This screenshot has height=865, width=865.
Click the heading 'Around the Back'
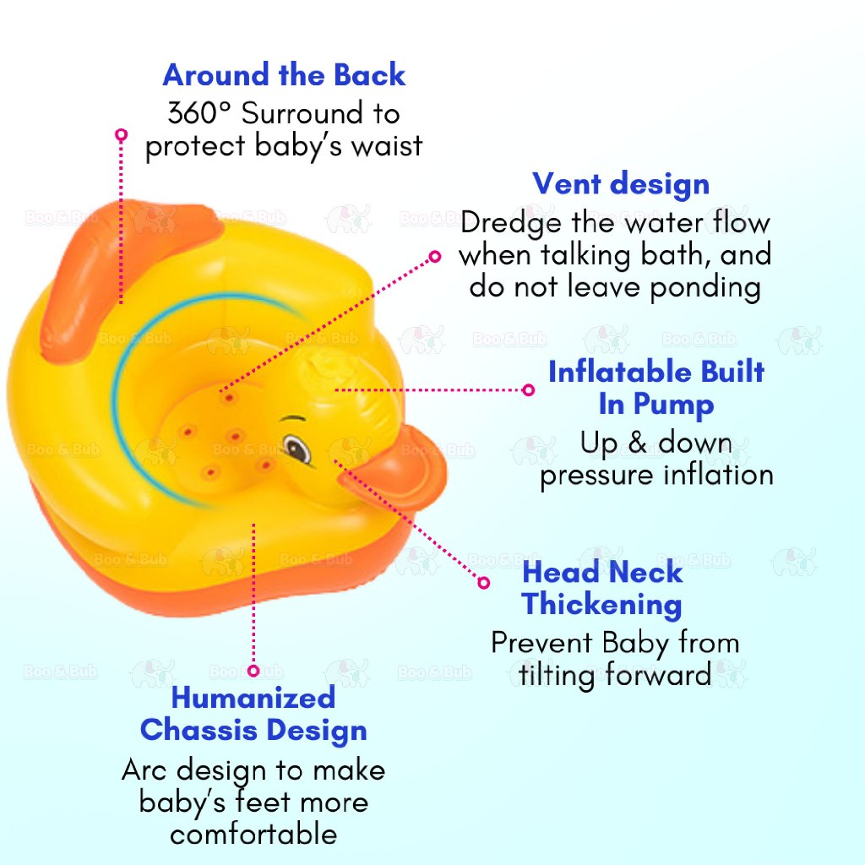pyautogui.click(x=284, y=75)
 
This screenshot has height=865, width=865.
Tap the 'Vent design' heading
pyautogui.click(x=621, y=183)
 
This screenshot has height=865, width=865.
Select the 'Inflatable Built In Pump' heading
pyautogui.click(x=656, y=388)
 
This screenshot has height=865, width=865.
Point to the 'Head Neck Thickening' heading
pyautogui.click(x=602, y=588)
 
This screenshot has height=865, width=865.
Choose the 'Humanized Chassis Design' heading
pyautogui.click(x=253, y=714)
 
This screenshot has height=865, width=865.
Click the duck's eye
pyautogui.click(x=296, y=448)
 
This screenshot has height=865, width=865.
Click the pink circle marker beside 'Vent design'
pyautogui.click(x=435, y=257)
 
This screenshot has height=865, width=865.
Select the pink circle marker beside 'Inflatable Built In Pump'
pyautogui.click(x=529, y=390)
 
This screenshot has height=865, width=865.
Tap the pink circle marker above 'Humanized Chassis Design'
pyautogui.click(x=253, y=671)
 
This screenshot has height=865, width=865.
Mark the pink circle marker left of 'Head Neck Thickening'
pyautogui.click(x=484, y=583)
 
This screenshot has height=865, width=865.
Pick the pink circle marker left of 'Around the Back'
pyautogui.click(x=122, y=134)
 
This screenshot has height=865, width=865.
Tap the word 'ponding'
pyautogui.click(x=705, y=289)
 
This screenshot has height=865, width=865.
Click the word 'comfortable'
pyautogui.click(x=253, y=834)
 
